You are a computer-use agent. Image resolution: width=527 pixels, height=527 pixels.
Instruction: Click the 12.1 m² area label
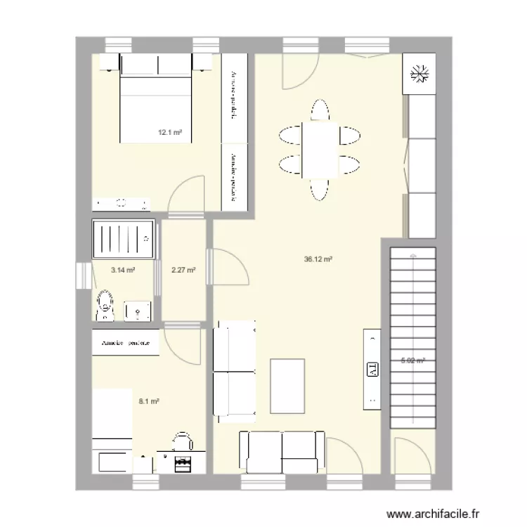coord(170,132)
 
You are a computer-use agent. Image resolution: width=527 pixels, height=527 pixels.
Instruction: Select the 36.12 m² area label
coord(318,259)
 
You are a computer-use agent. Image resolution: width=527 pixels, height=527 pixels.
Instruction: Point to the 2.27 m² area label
coord(183,269)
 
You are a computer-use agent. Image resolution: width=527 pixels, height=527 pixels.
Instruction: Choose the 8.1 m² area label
coord(148,402)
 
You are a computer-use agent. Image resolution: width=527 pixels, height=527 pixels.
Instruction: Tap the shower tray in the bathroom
coord(123,238)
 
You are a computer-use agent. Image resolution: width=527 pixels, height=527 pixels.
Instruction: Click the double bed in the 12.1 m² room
coord(156,105)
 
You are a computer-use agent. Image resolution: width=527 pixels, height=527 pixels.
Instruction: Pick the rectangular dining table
coord(320,150)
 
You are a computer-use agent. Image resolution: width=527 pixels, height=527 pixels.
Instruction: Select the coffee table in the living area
coord(287,386)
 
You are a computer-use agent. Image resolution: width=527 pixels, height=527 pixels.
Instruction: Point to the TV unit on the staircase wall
coord(371,369)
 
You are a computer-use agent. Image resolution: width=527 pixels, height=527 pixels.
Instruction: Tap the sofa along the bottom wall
coord(282,452)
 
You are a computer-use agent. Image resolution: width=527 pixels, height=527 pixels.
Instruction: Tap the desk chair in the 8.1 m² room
coord(182,441)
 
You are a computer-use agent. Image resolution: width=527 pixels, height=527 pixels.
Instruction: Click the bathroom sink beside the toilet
coord(138,310)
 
